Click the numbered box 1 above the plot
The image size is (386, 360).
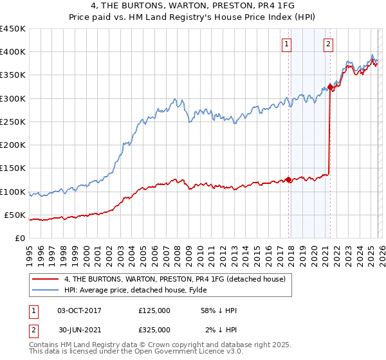pos(286,44)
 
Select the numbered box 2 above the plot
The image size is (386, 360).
pos(328,44)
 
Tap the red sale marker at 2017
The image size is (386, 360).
pos(288,180)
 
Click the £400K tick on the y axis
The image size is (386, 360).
pos(13,52)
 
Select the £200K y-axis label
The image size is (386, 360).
pos(13,145)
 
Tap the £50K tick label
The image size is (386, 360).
pos(15,215)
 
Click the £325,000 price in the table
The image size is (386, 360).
pos(154,330)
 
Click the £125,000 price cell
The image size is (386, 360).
pos(154,310)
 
